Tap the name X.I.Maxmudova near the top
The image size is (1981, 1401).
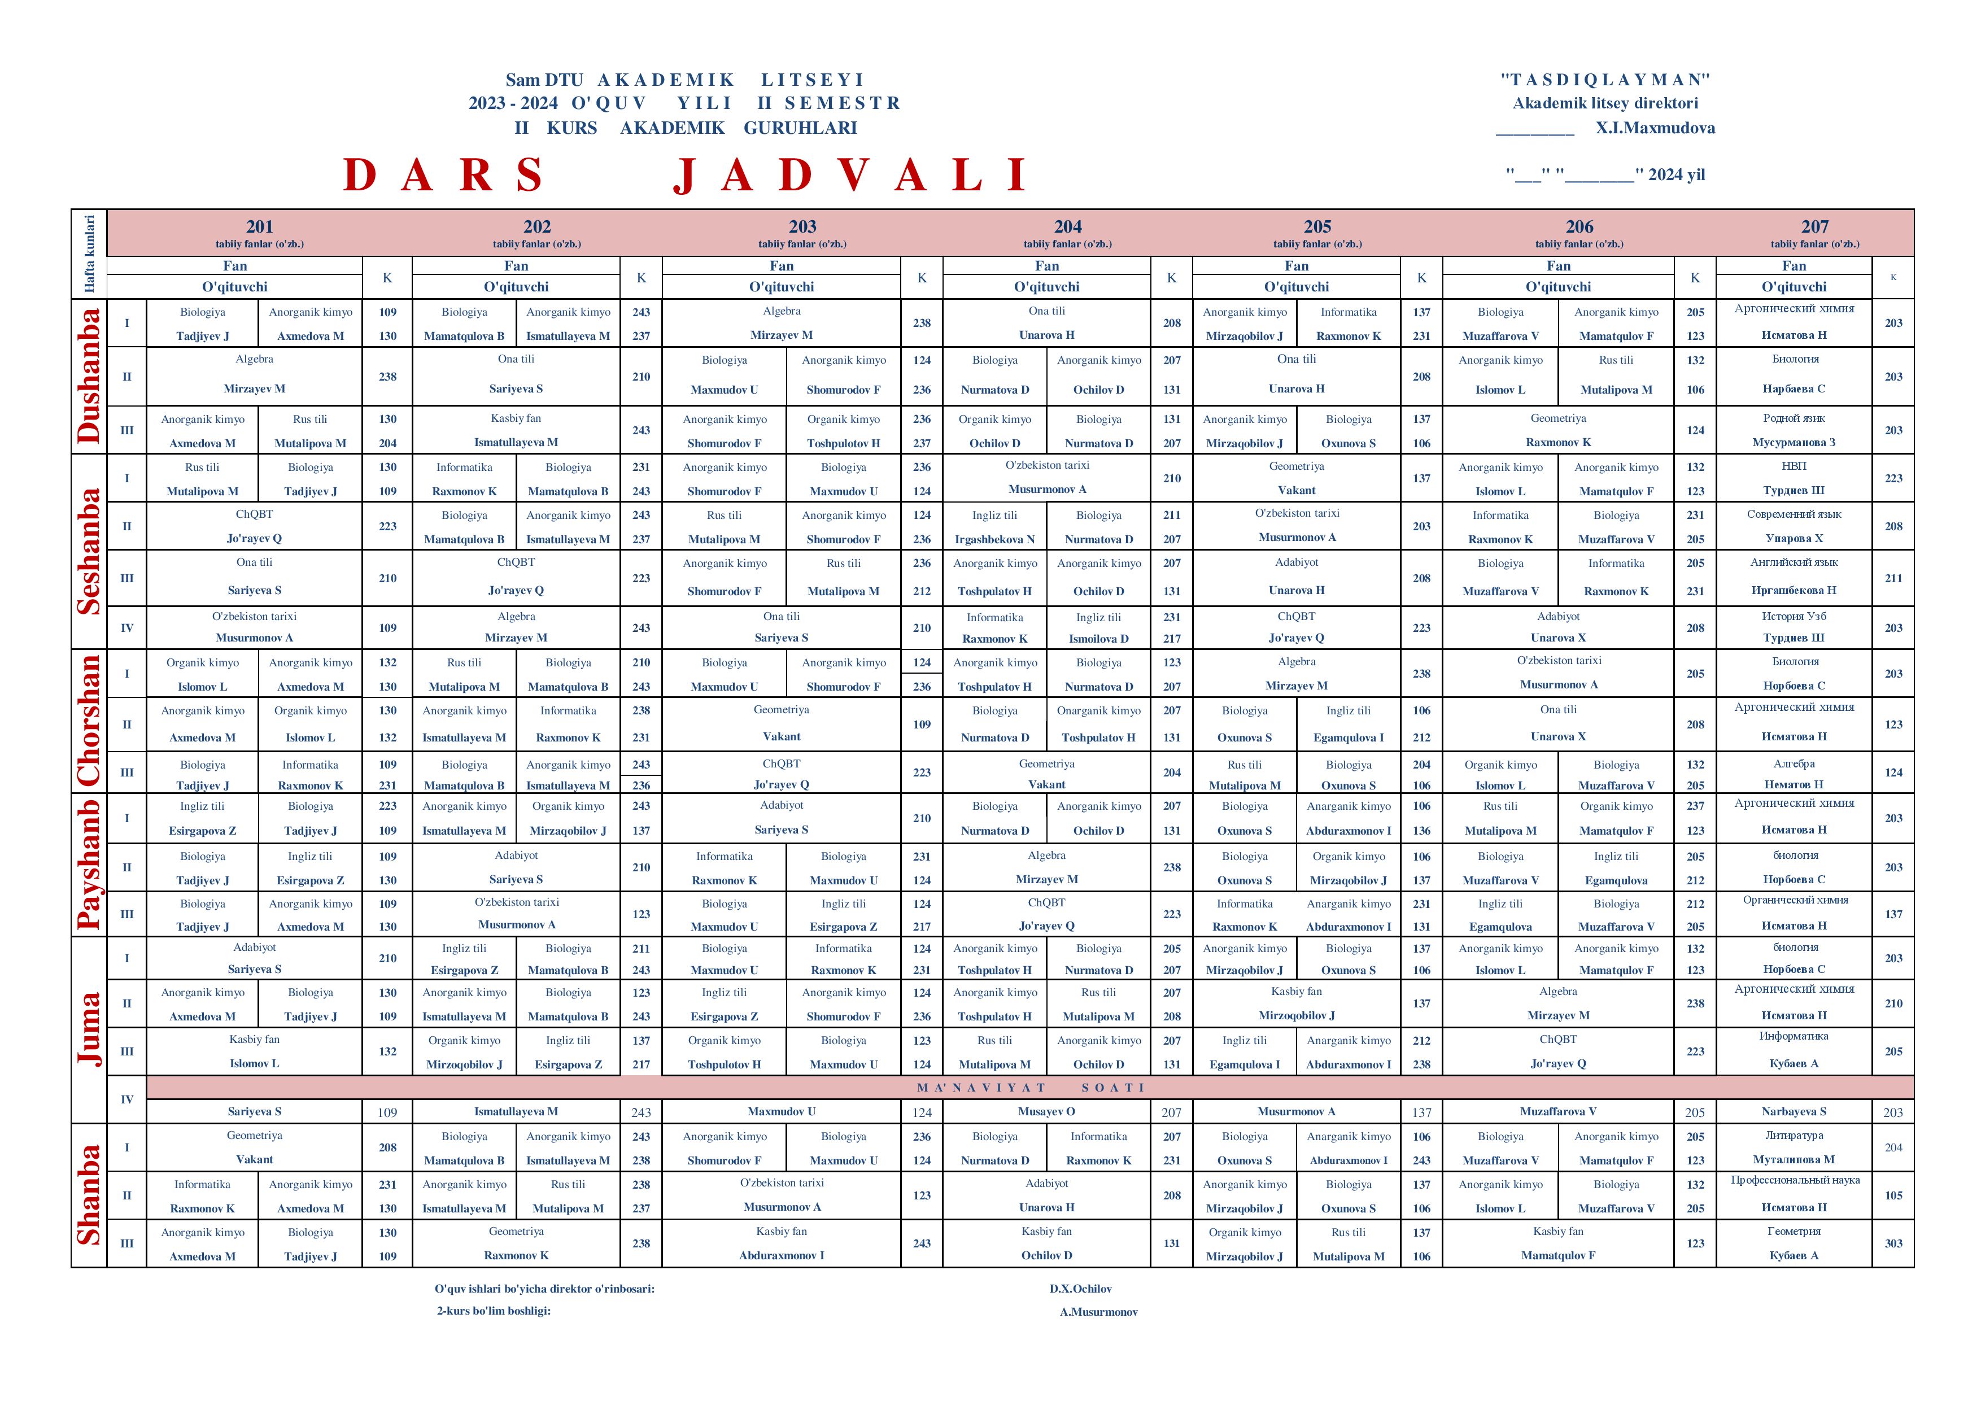pos(1655,128)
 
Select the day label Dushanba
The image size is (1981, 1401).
pos(89,376)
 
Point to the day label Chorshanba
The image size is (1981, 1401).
pos(89,721)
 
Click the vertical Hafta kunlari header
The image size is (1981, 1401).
pos(89,254)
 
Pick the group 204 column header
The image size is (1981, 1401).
pos(1067,227)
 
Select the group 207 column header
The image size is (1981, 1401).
pos(1814,227)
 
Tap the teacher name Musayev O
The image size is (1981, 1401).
pos(1046,1112)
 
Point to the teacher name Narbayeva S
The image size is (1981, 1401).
pos(1794,1112)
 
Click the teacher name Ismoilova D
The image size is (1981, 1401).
pos(1098,639)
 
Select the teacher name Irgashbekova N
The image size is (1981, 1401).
pos(995,539)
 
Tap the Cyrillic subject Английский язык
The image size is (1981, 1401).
pos(1794,562)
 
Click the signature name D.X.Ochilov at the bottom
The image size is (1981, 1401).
pos(1080,1289)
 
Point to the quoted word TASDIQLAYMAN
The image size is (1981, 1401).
pos(1605,80)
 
